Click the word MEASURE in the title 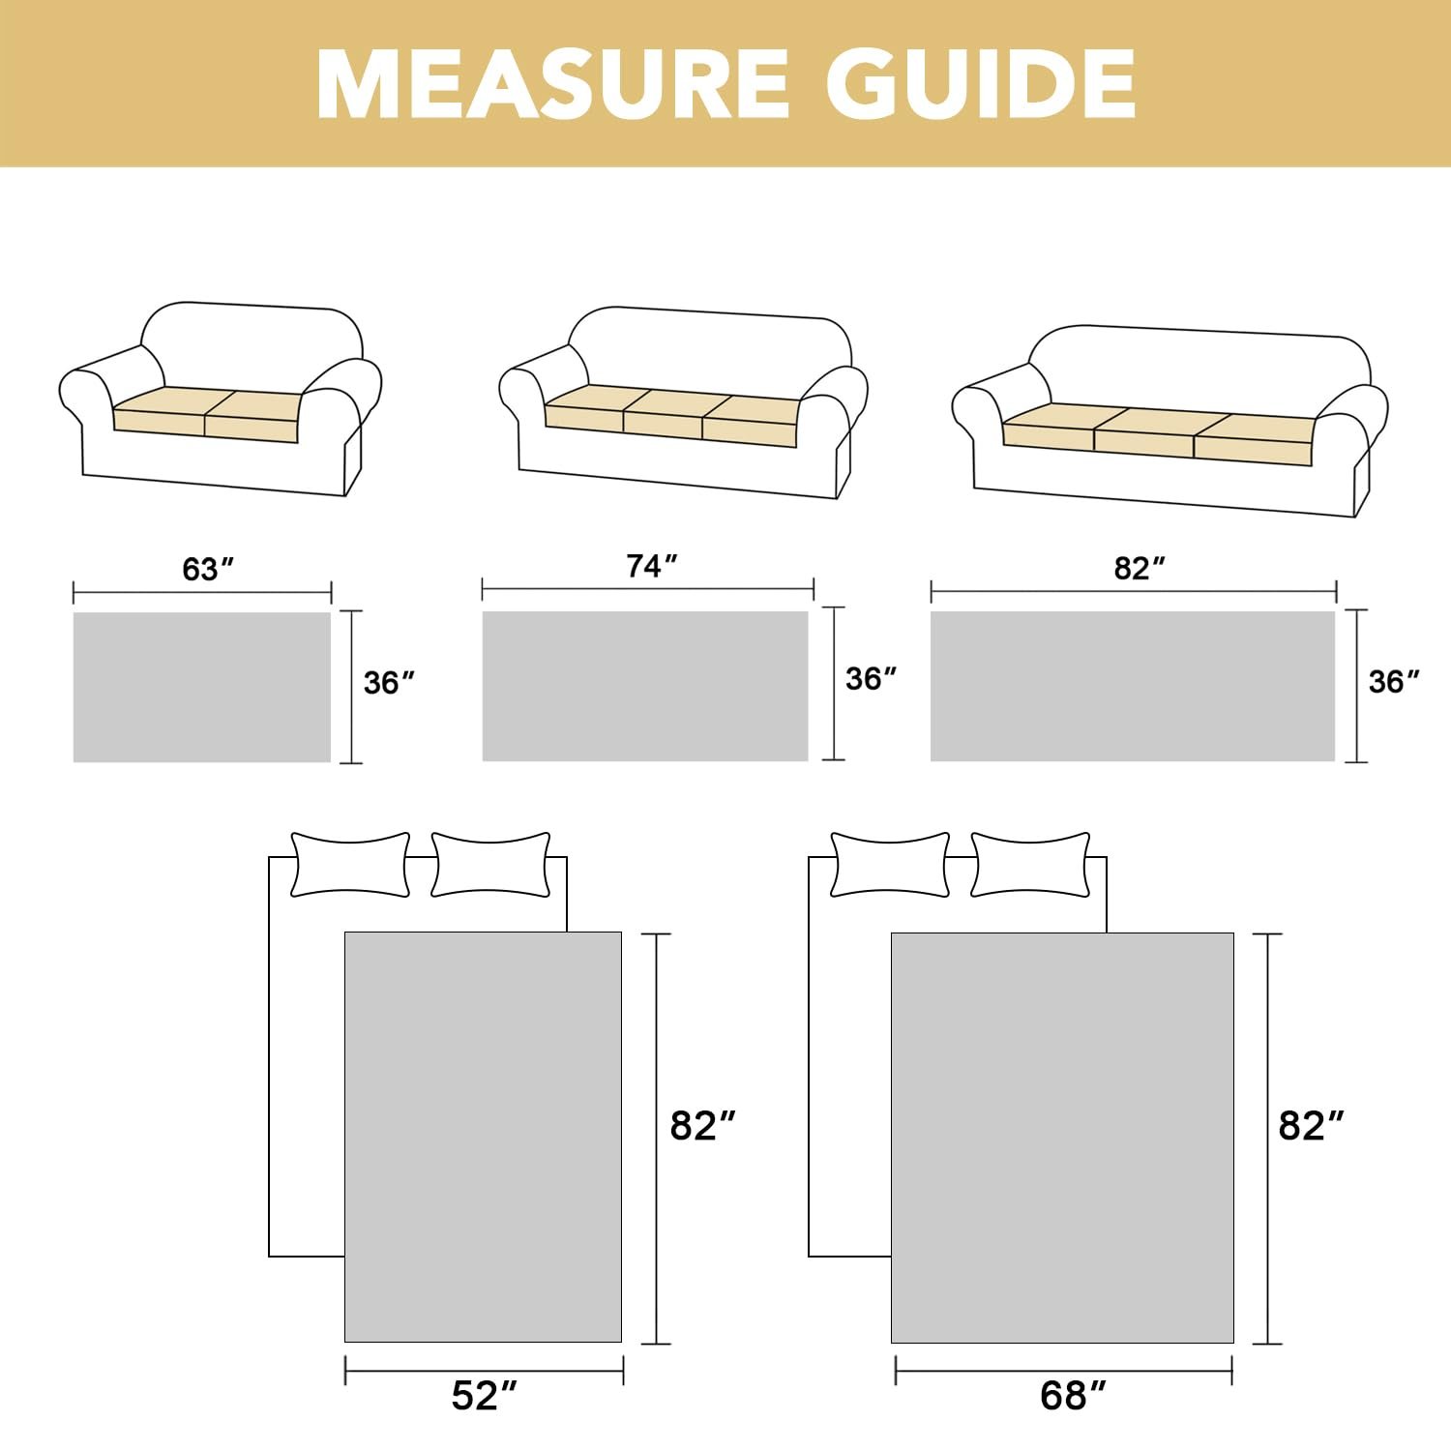pos(552,83)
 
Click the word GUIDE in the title pos(981,83)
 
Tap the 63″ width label pos(208,569)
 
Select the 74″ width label pos(651,566)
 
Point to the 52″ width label pos(485,1396)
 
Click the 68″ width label pos(1073,1396)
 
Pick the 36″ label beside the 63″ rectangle pos(389,683)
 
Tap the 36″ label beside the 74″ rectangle pos(871,679)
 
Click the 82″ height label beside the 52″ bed pos(703,1126)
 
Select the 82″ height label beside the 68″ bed pos(1312,1126)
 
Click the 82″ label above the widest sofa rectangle pos(1140,568)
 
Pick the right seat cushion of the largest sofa pos(1255,436)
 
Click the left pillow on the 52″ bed pos(350,864)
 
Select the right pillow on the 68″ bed pos(1031,864)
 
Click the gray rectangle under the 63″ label pos(202,687)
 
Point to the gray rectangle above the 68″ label pos(1062,1138)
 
